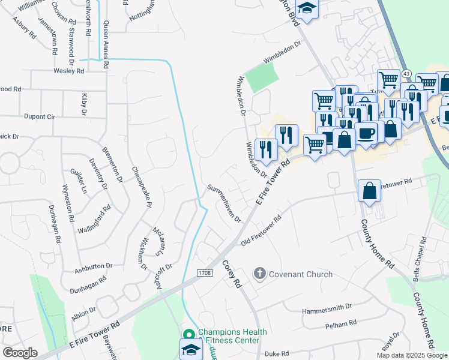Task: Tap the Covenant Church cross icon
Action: point(259,274)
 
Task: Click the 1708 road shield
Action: point(203,273)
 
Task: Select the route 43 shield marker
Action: point(406,73)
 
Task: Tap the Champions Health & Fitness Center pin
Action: point(188,334)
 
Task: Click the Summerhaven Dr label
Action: point(224,203)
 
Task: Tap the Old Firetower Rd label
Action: point(261,232)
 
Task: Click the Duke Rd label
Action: point(277,354)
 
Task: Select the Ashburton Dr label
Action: point(94,265)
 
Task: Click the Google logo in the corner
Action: point(20,352)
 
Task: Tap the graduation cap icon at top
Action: point(307,8)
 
